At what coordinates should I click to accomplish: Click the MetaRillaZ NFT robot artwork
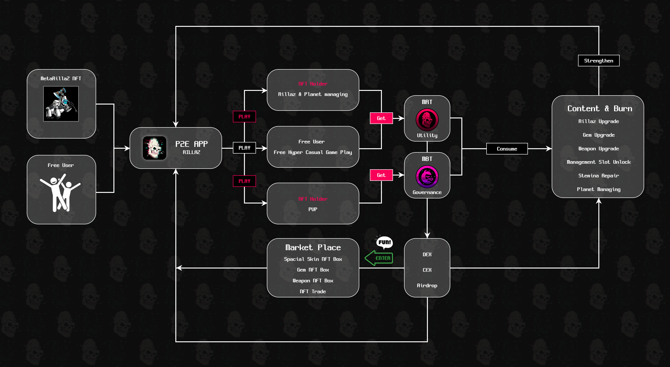click(61, 104)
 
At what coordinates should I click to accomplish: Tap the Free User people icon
click(60, 193)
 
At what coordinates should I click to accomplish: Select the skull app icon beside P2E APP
click(155, 148)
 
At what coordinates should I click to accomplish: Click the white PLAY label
click(244, 148)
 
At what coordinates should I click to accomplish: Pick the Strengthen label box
click(598, 61)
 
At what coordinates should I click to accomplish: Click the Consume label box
click(507, 149)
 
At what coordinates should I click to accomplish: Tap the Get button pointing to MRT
click(381, 118)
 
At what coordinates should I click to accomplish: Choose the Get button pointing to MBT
click(381, 175)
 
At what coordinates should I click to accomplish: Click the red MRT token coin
click(427, 120)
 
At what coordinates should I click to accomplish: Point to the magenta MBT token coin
click(427, 177)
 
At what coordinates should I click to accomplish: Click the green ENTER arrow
click(379, 258)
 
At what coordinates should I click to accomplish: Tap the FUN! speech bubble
click(384, 242)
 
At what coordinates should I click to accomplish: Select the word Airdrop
click(427, 286)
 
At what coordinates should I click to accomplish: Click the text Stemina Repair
click(598, 176)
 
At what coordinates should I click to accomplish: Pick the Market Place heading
click(313, 247)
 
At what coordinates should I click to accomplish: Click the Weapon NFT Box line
click(313, 281)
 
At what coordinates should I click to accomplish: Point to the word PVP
click(313, 209)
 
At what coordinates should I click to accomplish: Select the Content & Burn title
click(600, 108)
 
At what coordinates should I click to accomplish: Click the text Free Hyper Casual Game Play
click(313, 152)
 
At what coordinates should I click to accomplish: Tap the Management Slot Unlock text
click(598, 162)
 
